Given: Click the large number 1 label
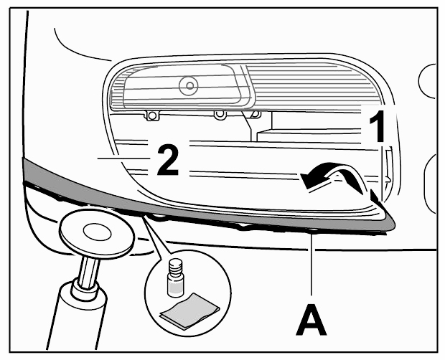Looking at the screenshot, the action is point(378,126).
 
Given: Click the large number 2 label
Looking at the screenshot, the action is point(168,160).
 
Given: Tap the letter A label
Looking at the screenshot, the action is point(311,320).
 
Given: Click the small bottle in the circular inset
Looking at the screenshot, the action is point(176,279).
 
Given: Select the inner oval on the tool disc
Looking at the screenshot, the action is point(98,232).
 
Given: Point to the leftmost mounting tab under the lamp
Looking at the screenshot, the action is point(152,115).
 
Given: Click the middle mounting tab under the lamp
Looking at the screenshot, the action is point(220,115).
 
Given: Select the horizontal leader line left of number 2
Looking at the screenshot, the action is point(123,158).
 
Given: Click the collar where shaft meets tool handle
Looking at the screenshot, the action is point(85,288).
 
